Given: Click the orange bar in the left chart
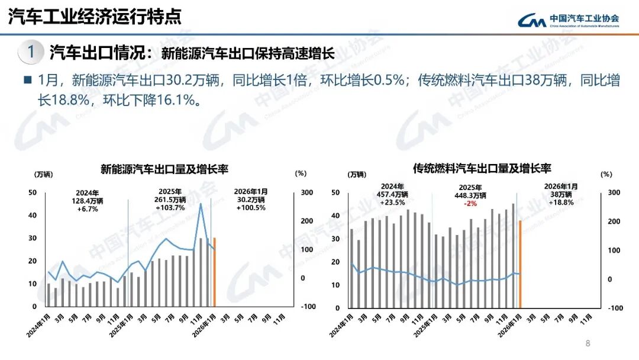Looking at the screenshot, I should coord(214,272).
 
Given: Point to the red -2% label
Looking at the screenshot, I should coord(470,203).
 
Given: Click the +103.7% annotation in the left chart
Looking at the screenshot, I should coord(170,208).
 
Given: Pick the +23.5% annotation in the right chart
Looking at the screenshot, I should coord(392,202).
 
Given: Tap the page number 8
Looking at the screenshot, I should coord(588,343).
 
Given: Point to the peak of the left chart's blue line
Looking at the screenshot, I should coord(201,204).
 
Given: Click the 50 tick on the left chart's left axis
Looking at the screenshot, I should coord(33,192).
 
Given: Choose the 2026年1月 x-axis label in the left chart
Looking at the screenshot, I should coord(205,324).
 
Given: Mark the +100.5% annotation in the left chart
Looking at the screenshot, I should coord(250,208).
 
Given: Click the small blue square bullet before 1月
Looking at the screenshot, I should coord(27,79).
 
